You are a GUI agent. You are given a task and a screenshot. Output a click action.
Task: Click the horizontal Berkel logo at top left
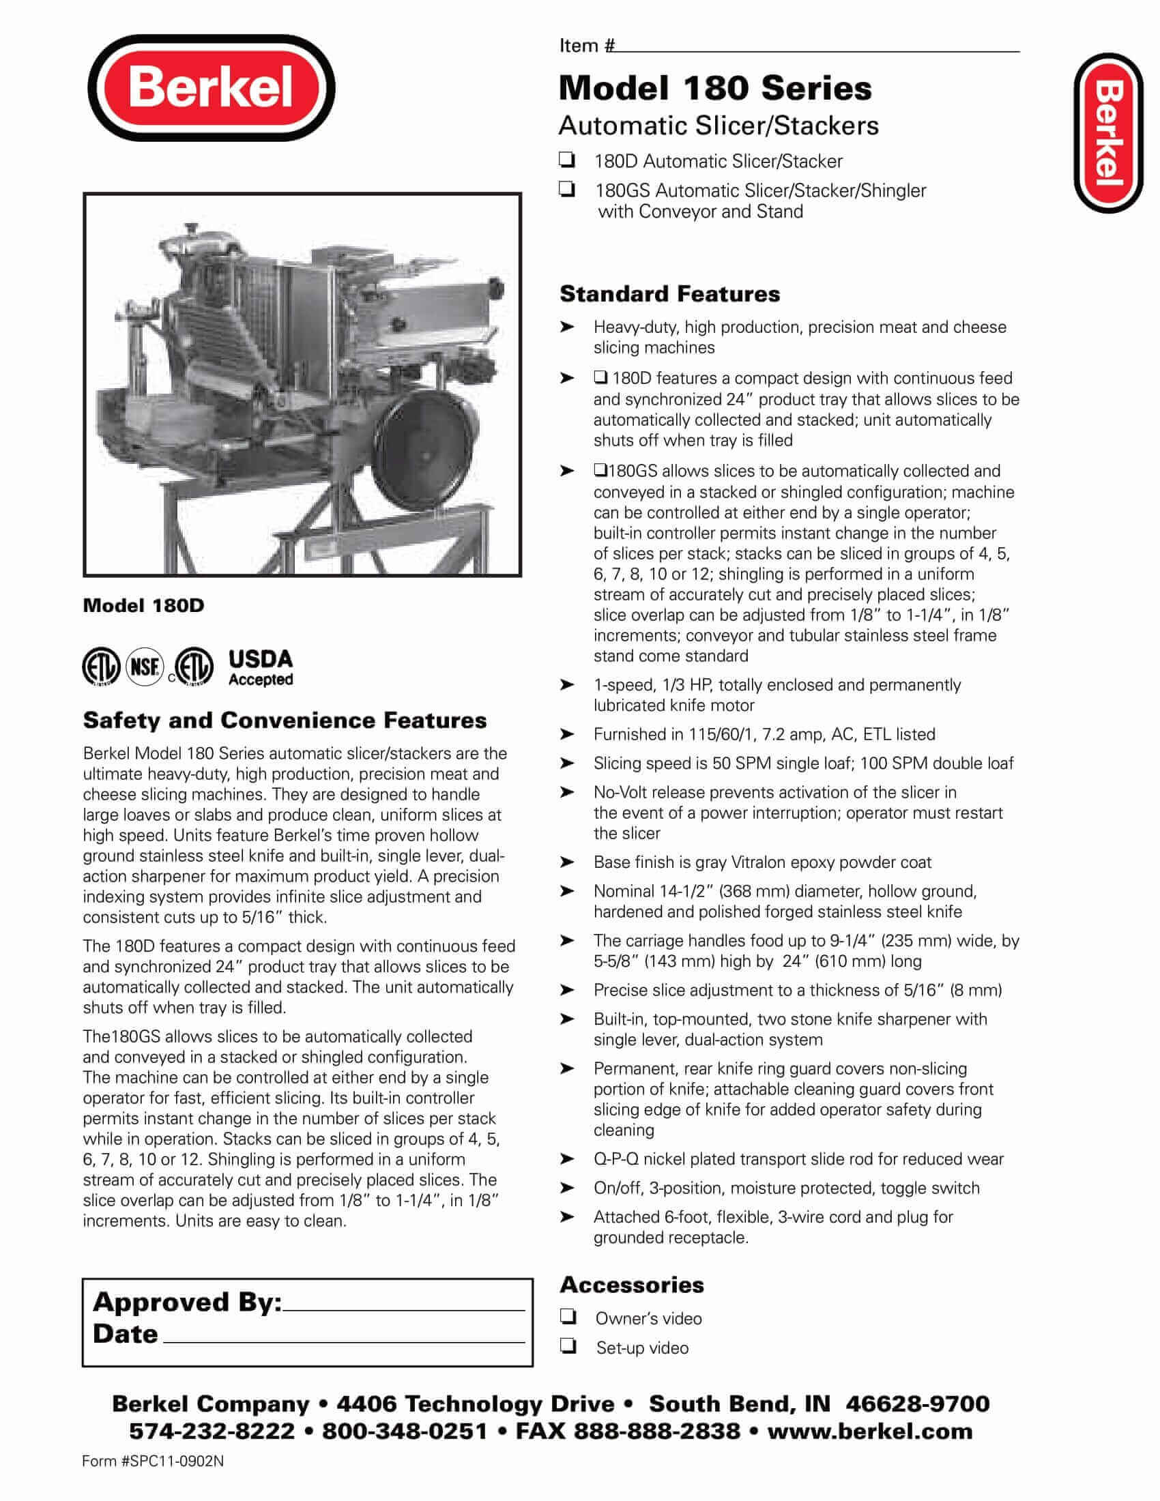tap(211, 89)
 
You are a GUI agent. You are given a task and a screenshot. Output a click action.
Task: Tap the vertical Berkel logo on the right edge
tap(1107, 132)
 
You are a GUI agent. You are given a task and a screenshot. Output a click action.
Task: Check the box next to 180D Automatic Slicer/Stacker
tap(567, 161)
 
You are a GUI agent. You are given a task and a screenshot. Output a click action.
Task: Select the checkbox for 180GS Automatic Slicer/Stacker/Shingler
tap(567, 190)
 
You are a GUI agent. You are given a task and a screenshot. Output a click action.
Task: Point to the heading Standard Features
tap(669, 294)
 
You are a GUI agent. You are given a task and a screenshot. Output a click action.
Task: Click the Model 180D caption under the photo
tap(143, 605)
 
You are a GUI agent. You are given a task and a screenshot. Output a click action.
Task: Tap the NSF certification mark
tap(145, 666)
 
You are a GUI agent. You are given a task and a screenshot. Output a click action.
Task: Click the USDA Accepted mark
tap(260, 667)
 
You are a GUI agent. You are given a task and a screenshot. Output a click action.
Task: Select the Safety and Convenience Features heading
tap(285, 720)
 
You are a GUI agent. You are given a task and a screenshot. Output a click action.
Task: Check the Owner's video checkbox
tap(568, 1317)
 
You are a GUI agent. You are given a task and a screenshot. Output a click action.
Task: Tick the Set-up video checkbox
tap(568, 1347)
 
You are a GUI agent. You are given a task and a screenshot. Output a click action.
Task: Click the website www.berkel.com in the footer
tap(869, 1431)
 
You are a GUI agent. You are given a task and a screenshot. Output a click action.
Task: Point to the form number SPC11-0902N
tap(153, 1461)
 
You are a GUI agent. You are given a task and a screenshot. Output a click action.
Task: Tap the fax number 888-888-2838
tap(657, 1431)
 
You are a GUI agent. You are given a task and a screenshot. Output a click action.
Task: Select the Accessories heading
tap(632, 1285)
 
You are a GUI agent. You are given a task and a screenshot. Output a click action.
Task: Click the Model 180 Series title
tap(714, 88)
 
